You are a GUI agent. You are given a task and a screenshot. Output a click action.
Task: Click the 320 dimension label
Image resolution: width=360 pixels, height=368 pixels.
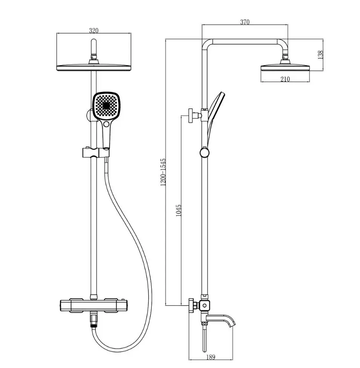point(94,31)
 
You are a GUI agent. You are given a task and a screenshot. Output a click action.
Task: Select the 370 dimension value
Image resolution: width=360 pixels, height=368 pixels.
point(245,22)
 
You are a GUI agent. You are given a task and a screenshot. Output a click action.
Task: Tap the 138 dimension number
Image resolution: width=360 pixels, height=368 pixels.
point(320,54)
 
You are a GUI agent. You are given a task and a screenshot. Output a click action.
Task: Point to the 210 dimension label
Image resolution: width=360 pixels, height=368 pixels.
point(285,79)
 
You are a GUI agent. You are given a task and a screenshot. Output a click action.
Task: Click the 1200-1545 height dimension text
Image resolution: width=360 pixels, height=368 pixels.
point(163,172)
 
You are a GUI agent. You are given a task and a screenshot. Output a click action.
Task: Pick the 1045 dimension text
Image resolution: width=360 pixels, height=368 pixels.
point(178,210)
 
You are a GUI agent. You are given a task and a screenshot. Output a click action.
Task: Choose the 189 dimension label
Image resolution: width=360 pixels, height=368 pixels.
point(211,357)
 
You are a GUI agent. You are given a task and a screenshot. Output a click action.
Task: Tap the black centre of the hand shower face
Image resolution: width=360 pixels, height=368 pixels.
point(106,106)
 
